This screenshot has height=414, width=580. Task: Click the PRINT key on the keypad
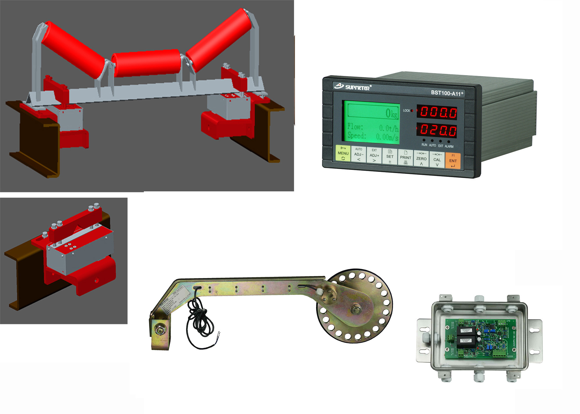(x=405, y=158)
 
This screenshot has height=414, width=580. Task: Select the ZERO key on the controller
(x=421, y=159)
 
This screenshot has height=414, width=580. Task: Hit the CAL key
(x=437, y=160)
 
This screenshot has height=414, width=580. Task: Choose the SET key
(x=390, y=157)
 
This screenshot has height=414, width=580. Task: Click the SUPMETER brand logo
(x=353, y=87)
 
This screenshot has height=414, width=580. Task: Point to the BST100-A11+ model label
(x=447, y=93)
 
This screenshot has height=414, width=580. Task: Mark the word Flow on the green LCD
(x=355, y=126)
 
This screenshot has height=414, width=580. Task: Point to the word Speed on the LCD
(x=356, y=135)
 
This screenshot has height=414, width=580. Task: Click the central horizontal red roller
(x=146, y=63)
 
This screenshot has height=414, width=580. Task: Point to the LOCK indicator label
(x=406, y=110)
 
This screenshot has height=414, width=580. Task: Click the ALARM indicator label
(x=449, y=146)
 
